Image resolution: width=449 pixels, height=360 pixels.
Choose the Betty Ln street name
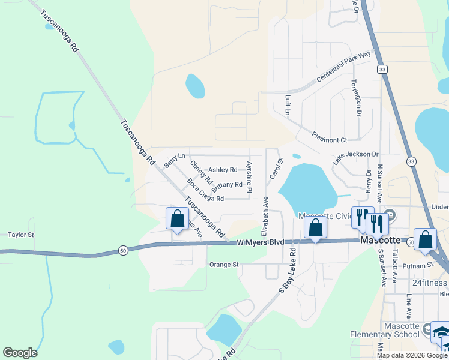pyautogui.click(x=174, y=160)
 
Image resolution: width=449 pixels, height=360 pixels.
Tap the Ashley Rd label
pyautogui.click(x=222, y=170)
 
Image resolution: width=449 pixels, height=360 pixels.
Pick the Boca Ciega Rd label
pyautogui.click(x=205, y=190)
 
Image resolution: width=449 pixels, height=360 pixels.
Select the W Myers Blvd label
pyautogui.click(x=260, y=242)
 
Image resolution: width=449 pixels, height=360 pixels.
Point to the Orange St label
pyautogui.click(x=224, y=265)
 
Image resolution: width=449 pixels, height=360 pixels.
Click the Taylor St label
pyautogui.click(x=21, y=235)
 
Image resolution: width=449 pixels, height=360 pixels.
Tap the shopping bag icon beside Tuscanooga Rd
pyautogui.click(x=177, y=220)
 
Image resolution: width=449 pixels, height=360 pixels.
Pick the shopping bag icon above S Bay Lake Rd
pyautogui.click(x=315, y=228)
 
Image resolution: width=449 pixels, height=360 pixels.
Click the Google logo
pyautogui.click(x=20, y=353)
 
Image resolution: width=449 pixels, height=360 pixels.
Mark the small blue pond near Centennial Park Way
pyautogui.click(x=195, y=86)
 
